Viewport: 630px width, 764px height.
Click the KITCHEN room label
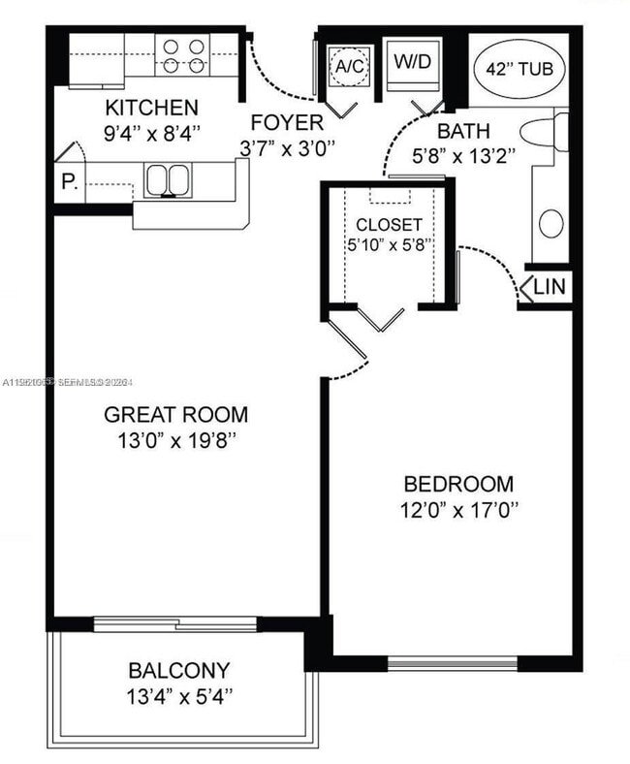click(151, 107)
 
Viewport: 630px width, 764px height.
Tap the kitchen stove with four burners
click(184, 55)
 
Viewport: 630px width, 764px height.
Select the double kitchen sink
click(167, 180)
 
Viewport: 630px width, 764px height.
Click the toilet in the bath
click(543, 132)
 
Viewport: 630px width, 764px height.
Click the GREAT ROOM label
click(175, 415)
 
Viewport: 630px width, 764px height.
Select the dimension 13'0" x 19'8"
click(175, 440)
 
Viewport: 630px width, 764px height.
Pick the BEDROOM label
click(458, 484)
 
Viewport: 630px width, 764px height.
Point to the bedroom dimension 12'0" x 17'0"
click(458, 509)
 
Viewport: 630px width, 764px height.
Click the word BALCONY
click(179, 670)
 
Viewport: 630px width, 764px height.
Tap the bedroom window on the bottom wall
click(453, 664)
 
